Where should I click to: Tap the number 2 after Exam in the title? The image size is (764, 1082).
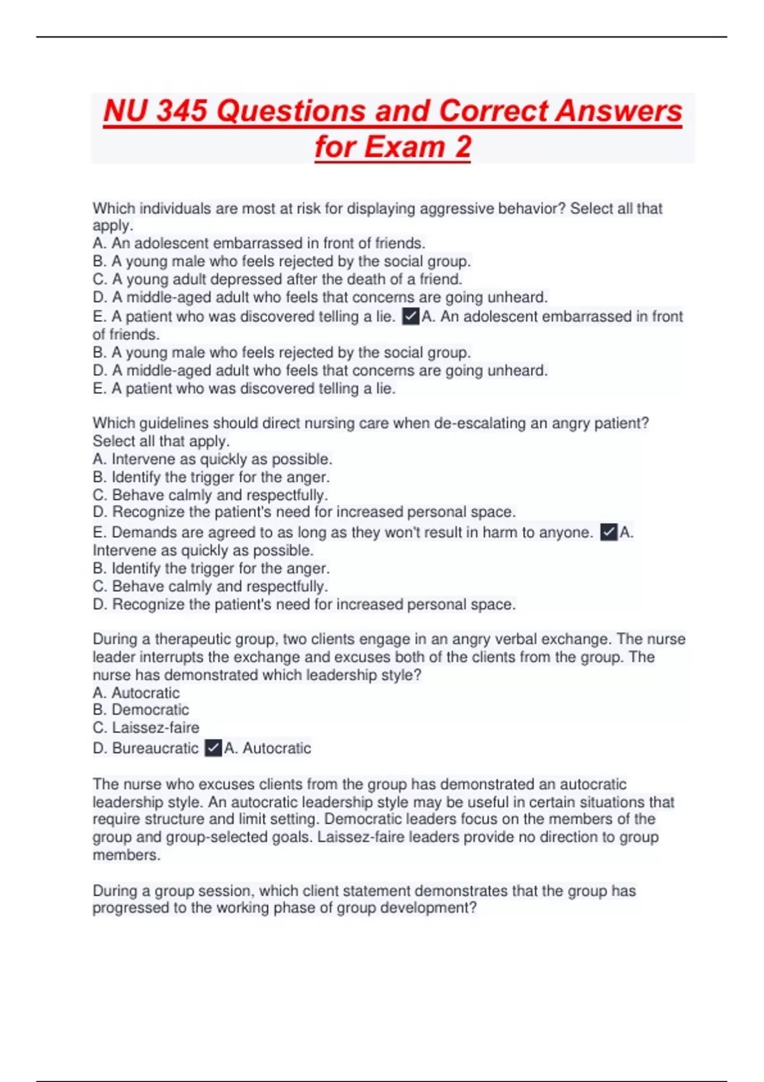point(463,147)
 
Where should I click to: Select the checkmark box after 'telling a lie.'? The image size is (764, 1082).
point(411,316)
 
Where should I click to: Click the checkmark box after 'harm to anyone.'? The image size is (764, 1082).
point(609,532)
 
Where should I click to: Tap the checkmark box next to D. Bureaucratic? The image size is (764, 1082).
point(213,748)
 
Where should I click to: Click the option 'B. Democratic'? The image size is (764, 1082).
point(141,710)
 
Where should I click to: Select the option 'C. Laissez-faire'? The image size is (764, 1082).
point(146,727)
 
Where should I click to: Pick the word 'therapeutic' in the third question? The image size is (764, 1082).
point(192,639)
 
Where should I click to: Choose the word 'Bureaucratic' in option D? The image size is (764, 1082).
point(155,748)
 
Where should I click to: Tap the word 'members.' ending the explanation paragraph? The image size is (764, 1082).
point(126,855)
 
